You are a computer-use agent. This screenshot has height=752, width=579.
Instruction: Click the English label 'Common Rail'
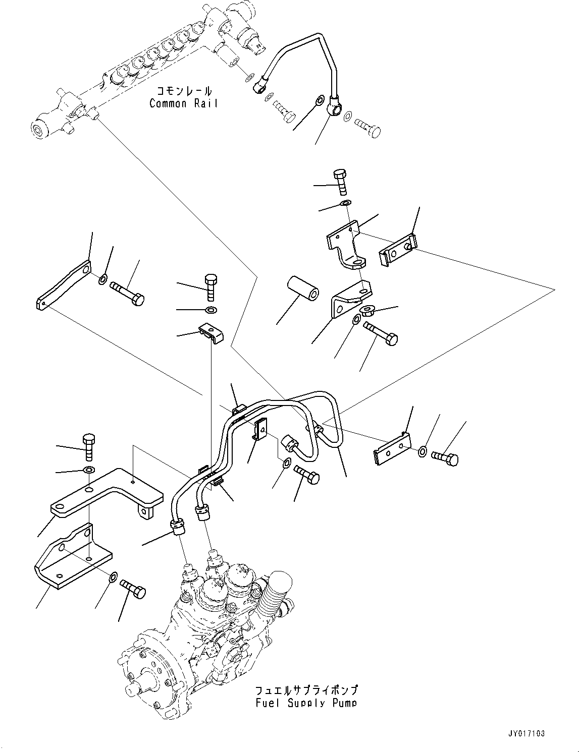click(184, 103)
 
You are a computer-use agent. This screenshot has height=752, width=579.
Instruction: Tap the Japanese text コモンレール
click(184, 91)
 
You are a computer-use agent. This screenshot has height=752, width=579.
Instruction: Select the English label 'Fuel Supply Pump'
click(306, 703)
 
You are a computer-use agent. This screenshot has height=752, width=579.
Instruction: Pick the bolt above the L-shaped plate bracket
click(88, 446)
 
